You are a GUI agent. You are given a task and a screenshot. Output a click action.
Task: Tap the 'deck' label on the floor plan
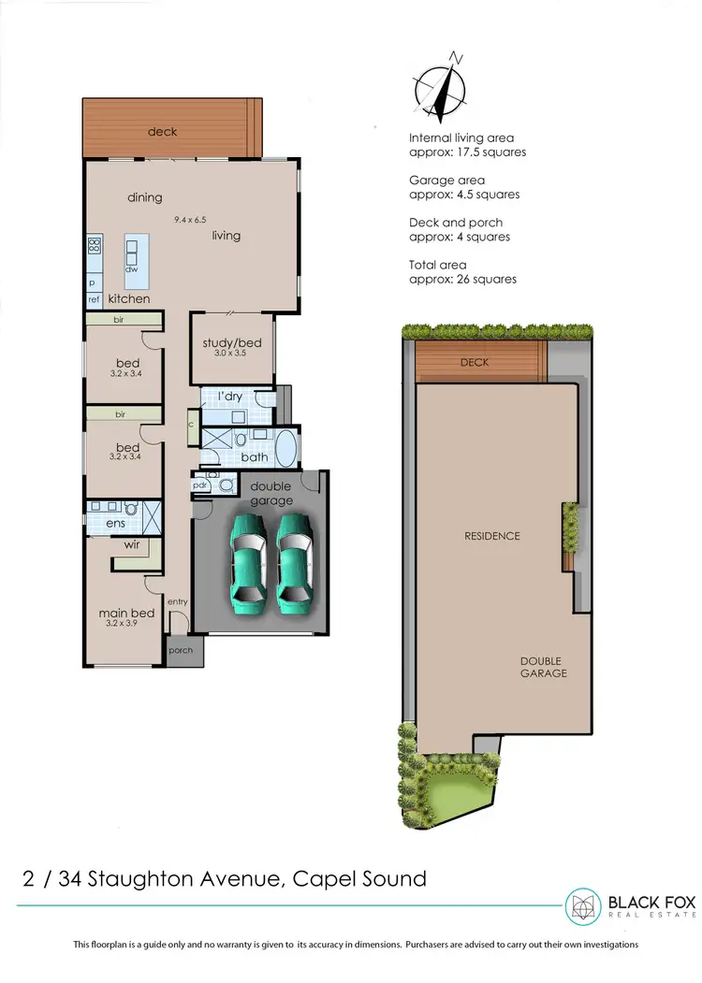[x=162, y=132]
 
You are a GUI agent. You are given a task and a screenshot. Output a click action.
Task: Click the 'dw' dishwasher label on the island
[x=132, y=269]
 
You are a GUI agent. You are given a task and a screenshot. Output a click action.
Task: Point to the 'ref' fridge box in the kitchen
[x=94, y=299]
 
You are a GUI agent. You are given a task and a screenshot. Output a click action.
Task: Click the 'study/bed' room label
[x=232, y=343]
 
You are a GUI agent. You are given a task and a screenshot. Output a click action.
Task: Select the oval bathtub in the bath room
[x=285, y=448]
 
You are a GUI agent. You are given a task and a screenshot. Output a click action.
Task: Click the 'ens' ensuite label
[x=114, y=524]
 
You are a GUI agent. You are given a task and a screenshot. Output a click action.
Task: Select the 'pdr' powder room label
[x=199, y=486]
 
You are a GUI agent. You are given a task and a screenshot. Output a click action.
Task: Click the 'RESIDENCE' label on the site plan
[x=491, y=536]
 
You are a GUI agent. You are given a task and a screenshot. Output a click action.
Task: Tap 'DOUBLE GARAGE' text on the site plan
[x=543, y=667]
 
